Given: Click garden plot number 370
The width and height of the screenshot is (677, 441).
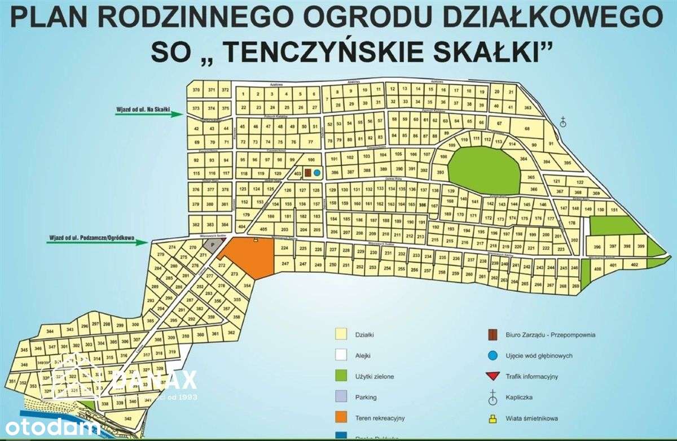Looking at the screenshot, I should click(x=196, y=90).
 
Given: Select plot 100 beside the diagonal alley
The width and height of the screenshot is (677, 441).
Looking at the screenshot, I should click(x=310, y=160).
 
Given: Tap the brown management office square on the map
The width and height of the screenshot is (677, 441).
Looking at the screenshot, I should click(x=308, y=172).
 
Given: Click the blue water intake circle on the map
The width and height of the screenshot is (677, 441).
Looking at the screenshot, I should click(x=316, y=172).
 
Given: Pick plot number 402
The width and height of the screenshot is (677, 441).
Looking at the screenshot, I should click(x=634, y=264).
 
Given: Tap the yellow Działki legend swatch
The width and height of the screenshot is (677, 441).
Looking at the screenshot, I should click(x=340, y=334).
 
